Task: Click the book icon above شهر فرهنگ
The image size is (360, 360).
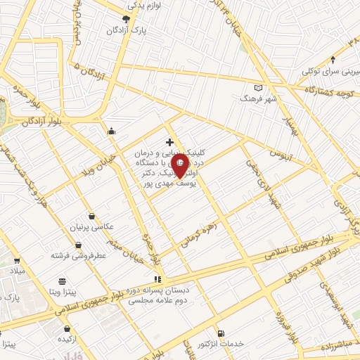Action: coord(259,87)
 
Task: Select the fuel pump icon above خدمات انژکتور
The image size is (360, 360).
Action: coord(222,333)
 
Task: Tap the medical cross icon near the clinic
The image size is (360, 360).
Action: coord(169,142)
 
